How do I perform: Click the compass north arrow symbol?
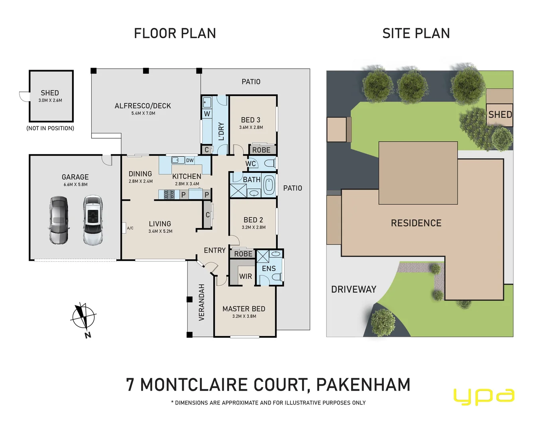83,318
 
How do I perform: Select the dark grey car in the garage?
59,220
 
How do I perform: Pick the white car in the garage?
93,220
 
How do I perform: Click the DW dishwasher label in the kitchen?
190,160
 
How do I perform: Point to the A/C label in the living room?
130,228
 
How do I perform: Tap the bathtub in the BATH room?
269,185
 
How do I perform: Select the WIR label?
245,276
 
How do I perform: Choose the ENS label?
269,268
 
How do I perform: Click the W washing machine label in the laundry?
207,114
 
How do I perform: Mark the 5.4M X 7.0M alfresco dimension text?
143,113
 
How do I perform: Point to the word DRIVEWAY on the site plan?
353,289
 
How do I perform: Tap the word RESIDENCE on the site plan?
416,223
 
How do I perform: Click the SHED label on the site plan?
500,115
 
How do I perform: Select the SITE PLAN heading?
416,33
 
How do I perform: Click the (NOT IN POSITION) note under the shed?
50,128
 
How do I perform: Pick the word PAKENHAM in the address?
363,385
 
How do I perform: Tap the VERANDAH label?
202,302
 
